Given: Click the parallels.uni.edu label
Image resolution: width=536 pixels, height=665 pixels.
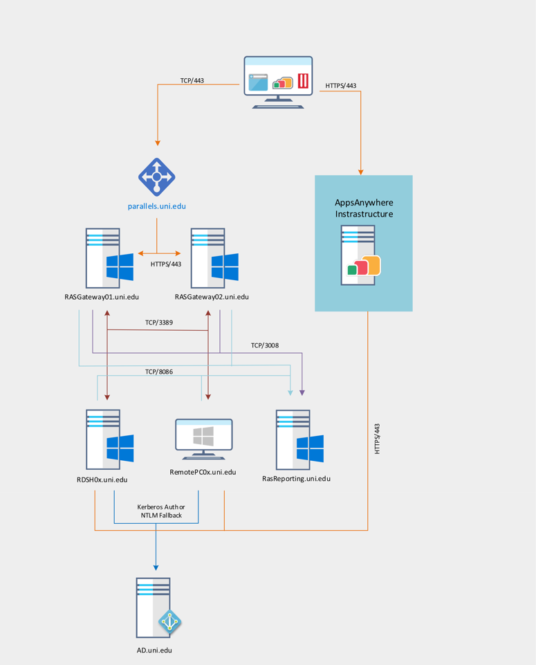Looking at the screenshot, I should click(156, 206).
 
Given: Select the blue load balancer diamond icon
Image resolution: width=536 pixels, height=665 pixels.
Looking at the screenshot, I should click(157, 177).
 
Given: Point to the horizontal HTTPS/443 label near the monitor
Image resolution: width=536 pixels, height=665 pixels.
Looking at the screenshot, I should click(341, 86).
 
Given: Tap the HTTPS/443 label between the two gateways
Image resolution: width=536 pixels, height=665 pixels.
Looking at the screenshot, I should click(166, 264).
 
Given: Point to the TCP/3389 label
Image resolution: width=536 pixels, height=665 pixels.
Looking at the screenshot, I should click(159, 322).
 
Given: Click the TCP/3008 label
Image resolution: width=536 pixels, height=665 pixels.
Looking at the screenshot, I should click(265, 345).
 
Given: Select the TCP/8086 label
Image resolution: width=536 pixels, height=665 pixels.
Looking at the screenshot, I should click(159, 372).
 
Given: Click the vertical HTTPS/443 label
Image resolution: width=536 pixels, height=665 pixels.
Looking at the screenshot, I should click(378, 439).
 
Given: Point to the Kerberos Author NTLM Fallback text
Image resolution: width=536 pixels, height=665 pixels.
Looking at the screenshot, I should click(161, 511).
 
